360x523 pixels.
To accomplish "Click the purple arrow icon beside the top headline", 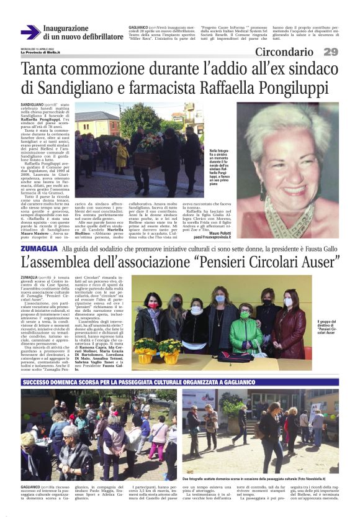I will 30,32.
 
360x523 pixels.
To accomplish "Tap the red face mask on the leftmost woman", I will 153,306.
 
